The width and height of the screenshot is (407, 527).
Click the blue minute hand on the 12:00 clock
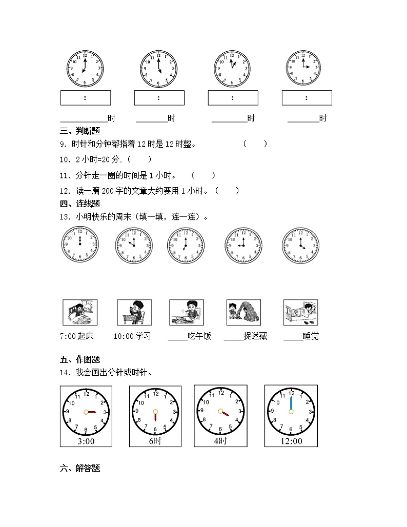click(291, 403)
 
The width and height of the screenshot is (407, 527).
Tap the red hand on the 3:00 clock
click(92, 412)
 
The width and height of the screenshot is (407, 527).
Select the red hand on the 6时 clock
click(155, 416)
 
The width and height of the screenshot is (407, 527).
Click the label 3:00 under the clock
click(85, 441)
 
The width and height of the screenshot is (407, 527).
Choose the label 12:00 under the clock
click(291, 441)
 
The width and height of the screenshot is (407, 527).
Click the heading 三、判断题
click(79, 131)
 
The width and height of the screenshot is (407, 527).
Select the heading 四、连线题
click(79, 204)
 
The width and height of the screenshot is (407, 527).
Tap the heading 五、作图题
click(79, 359)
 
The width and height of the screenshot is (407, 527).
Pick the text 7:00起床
click(77, 336)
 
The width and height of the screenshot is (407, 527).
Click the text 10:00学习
click(132, 336)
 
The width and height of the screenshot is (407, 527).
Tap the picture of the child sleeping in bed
click(301, 313)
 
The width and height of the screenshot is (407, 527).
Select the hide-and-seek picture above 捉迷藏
click(243, 313)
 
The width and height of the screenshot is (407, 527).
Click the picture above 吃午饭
click(187, 313)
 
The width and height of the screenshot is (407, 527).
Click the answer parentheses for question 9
click(255, 144)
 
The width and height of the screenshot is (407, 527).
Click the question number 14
click(64, 373)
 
